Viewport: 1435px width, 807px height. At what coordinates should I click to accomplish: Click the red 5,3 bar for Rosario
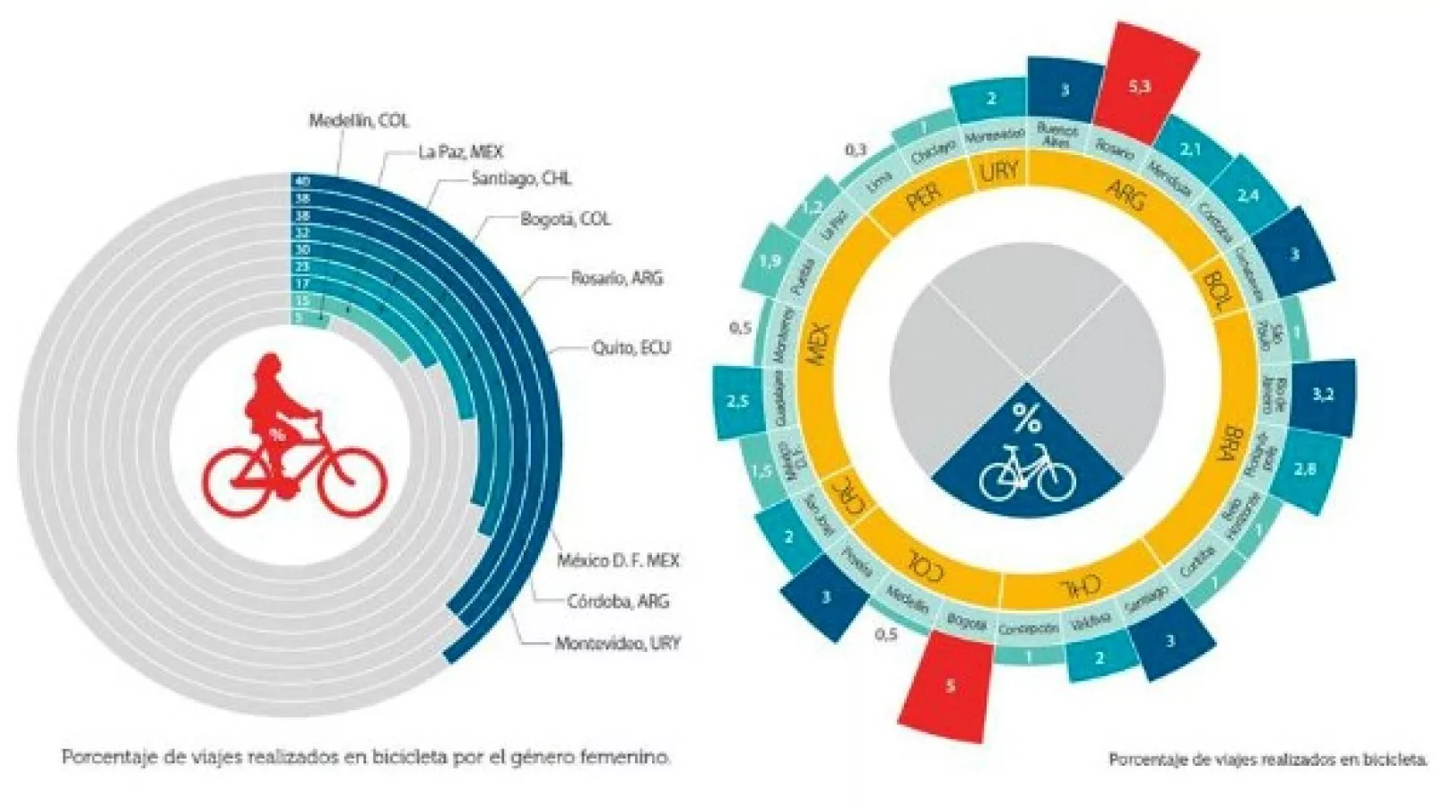point(1141,78)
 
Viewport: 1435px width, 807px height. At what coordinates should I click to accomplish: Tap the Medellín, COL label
point(359,120)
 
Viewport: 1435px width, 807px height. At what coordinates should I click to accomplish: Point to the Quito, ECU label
point(631,348)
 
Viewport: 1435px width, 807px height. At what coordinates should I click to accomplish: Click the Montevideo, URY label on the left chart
point(617,643)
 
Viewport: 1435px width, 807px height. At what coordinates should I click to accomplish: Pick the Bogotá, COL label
point(565,220)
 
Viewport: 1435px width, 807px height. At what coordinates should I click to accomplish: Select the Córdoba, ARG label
point(618,601)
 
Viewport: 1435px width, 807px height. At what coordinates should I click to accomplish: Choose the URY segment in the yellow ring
point(998,170)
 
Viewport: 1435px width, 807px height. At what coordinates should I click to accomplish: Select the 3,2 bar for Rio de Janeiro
point(1322,395)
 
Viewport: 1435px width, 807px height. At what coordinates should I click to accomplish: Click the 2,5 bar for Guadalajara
point(737,402)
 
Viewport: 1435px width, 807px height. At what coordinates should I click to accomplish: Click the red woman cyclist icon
point(294,439)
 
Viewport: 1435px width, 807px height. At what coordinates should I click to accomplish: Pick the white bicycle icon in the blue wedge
point(1026,472)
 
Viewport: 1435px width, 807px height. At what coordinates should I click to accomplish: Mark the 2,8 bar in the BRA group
point(1306,467)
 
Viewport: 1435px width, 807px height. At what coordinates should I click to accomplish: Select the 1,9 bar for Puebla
point(770,262)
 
